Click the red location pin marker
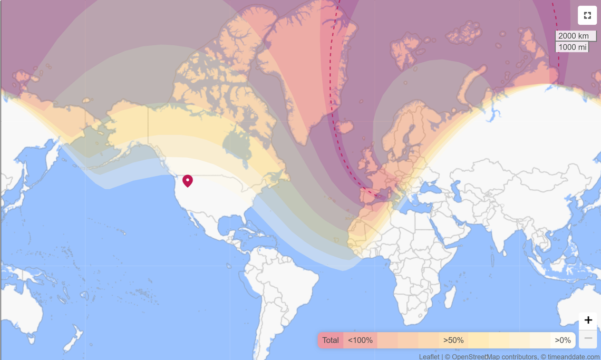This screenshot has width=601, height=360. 188,180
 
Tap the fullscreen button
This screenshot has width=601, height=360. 587,15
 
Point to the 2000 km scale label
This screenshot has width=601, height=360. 574,36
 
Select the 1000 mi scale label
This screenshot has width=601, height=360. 572,47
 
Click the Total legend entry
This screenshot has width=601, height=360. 331,340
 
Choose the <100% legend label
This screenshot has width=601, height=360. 360,340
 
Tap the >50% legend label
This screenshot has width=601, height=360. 453,340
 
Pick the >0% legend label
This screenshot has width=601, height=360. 563,340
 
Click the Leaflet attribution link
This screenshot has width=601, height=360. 429,357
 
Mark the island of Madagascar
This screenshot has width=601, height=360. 449,297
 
